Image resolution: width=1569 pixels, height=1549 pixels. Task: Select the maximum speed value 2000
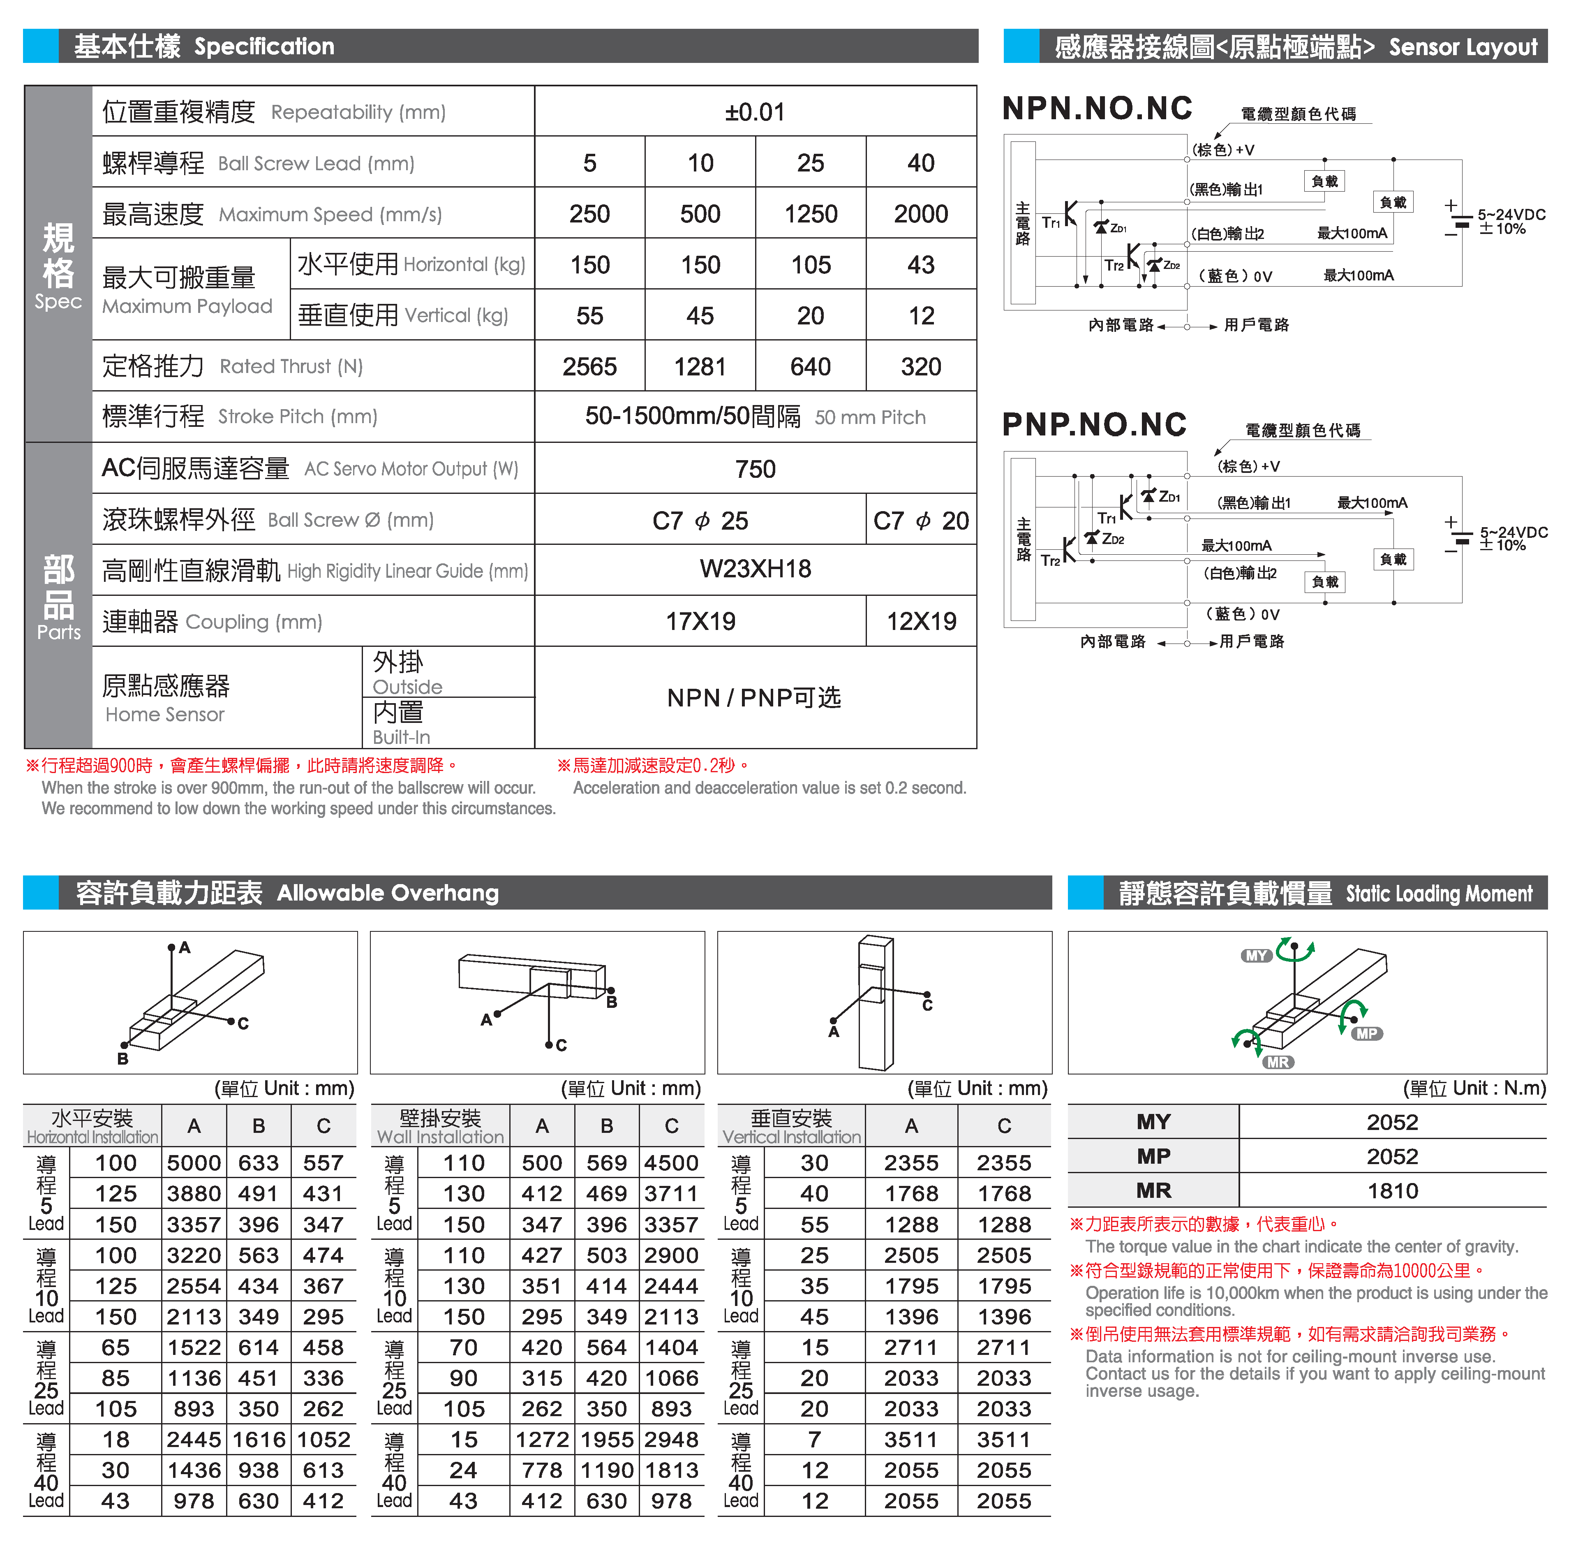tap(921, 214)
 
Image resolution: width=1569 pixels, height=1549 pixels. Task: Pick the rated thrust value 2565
tap(589, 366)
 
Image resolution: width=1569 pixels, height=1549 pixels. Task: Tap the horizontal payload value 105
tap(811, 265)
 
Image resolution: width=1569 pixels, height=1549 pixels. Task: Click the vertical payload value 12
tap(921, 316)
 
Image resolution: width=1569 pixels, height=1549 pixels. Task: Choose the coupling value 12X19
tap(921, 621)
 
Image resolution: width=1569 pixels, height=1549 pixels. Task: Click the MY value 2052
tap(1392, 1123)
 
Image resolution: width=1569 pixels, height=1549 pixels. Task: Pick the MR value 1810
tap(1392, 1191)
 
